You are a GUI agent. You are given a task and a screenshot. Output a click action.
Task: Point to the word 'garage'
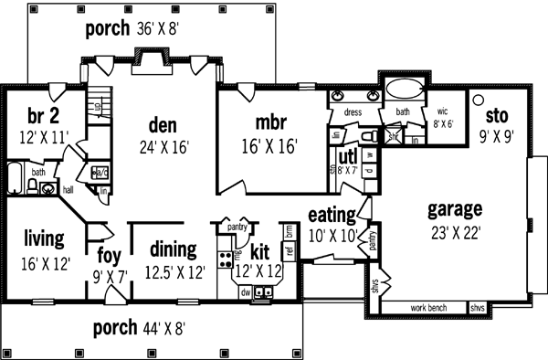pyautogui.click(x=454, y=207)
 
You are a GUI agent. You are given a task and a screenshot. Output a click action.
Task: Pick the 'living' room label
pyautogui.click(x=44, y=238)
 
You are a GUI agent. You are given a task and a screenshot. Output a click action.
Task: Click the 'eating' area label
pyautogui.click(x=332, y=216)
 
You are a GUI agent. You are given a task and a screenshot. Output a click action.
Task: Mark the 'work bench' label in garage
pyautogui.click(x=428, y=308)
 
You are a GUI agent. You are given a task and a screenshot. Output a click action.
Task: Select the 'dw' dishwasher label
pyautogui.click(x=246, y=292)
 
